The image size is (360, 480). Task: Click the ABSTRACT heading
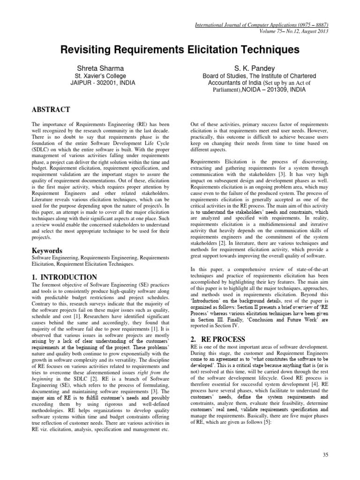(51, 110)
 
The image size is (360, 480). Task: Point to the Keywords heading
(47, 250)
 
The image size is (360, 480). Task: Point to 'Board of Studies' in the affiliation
(223, 76)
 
